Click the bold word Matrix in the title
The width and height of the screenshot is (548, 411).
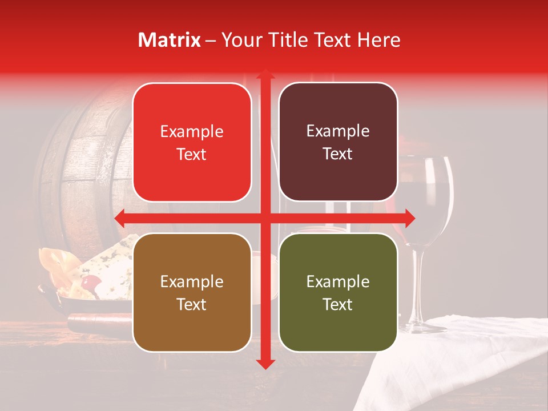[170, 40]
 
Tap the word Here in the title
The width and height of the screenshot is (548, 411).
[378, 40]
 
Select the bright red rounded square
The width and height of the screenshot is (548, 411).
[192, 143]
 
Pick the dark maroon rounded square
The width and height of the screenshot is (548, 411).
[338, 142]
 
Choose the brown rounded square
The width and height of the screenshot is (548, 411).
[192, 292]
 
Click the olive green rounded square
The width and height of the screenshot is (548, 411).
[338, 292]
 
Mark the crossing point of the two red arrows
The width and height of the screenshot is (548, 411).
[265, 218]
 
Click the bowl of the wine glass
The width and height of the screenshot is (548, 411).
[427, 194]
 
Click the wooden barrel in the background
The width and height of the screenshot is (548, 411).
[86, 171]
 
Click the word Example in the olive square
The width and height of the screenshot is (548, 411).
[338, 281]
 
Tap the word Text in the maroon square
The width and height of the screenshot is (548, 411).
[338, 154]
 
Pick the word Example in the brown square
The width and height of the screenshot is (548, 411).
[192, 281]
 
